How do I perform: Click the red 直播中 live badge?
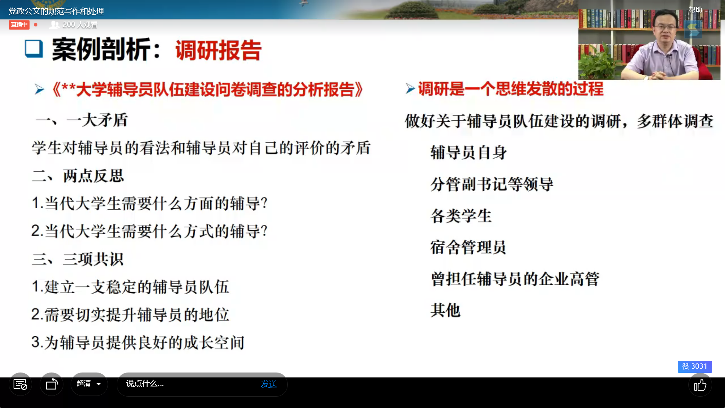click(x=19, y=25)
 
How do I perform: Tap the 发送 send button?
click(x=269, y=384)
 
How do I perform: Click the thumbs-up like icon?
click(x=700, y=385)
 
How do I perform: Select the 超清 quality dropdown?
click(x=89, y=384)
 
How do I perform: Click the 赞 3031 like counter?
click(x=695, y=366)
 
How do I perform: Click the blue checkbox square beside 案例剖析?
click(x=34, y=49)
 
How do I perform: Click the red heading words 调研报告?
click(x=218, y=50)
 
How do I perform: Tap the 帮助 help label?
click(x=695, y=10)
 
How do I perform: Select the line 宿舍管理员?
click(x=468, y=247)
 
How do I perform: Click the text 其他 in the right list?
click(x=446, y=310)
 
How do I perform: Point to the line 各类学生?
click(x=461, y=216)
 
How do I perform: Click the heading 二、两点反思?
click(x=78, y=176)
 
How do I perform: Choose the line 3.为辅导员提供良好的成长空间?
click(x=138, y=343)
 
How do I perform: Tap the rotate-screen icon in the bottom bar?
click(x=52, y=384)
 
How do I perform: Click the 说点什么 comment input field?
click(x=189, y=384)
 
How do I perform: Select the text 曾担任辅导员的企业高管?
click(x=515, y=279)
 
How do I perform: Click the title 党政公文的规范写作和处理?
click(x=56, y=11)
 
